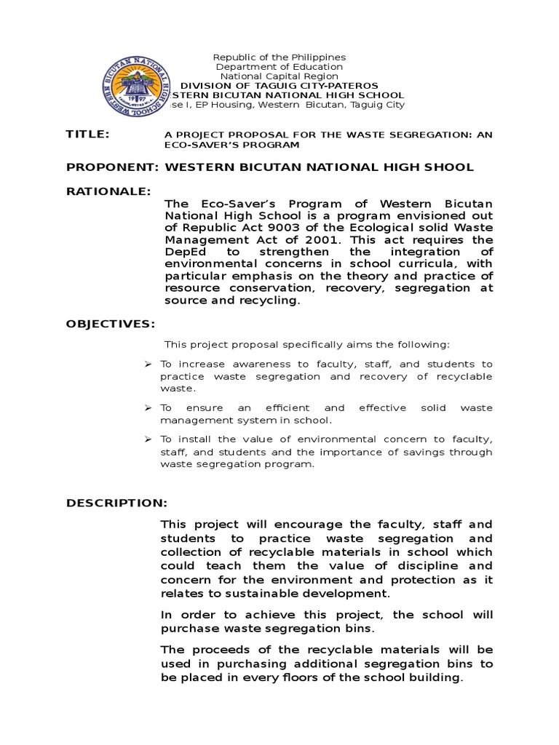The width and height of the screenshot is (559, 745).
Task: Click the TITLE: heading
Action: click(x=87, y=135)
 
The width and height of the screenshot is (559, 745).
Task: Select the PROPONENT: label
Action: click(x=112, y=167)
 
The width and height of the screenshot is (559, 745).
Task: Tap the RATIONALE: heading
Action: click(x=108, y=191)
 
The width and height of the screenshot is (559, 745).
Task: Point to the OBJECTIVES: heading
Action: click(x=110, y=323)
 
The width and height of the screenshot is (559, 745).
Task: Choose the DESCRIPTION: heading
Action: click(x=116, y=503)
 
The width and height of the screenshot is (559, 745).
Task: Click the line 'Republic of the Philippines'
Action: click(x=279, y=57)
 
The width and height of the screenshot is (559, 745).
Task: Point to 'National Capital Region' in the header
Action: click(x=279, y=76)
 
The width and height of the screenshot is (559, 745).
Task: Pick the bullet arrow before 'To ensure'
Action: click(x=148, y=408)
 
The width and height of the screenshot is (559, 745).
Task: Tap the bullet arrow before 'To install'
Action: click(x=148, y=439)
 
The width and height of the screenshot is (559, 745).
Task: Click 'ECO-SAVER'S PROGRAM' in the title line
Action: click(x=232, y=145)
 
